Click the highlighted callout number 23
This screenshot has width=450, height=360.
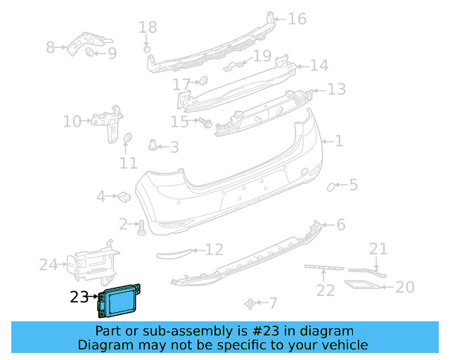(79, 297)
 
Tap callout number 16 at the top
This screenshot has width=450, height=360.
(297, 18)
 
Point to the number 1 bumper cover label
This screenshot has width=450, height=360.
(338, 141)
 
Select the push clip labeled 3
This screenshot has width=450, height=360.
(153, 146)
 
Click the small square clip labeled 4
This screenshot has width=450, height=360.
(121, 196)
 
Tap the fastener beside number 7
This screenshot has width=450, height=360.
(250, 303)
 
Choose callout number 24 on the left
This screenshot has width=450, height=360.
(48, 265)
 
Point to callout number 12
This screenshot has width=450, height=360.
(214, 249)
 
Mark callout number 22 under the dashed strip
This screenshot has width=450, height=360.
(325, 290)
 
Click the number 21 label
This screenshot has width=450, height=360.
(379, 248)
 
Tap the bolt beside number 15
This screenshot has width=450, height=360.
(206, 123)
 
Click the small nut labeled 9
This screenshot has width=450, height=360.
(90, 53)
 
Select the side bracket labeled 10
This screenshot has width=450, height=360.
(108, 123)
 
